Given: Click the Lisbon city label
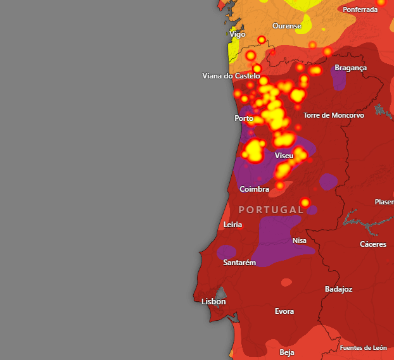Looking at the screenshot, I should pyautogui.click(x=213, y=302).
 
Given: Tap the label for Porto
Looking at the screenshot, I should pyautogui.click(x=244, y=118).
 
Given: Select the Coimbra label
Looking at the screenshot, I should pyautogui.click(x=255, y=189).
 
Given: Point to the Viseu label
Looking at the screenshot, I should pyautogui.click(x=284, y=156).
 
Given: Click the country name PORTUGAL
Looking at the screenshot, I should pyautogui.click(x=270, y=209).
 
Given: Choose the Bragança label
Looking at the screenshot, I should pyautogui.click(x=350, y=68).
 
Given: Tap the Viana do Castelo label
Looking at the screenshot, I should pyautogui.click(x=231, y=76).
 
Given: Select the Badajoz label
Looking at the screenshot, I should pyautogui.click(x=338, y=289).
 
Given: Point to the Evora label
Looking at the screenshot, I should pyautogui.click(x=284, y=311).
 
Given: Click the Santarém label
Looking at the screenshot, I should pyautogui.click(x=239, y=263).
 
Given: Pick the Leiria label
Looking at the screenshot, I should pyautogui.click(x=233, y=225).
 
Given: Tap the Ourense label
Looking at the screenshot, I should pyautogui.click(x=286, y=26).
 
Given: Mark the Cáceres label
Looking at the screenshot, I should pyautogui.click(x=373, y=244).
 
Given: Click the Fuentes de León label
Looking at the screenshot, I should pyautogui.click(x=363, y=348).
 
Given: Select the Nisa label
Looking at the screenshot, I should pyautogui.click(x=299, y=240).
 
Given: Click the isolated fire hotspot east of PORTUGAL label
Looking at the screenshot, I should pyautogui.click(x=305, y=202).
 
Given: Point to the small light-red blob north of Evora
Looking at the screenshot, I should pyautogui.click(x=287, y=282).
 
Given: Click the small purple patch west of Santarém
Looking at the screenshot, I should pyautogui.click(x=226, y=252).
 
